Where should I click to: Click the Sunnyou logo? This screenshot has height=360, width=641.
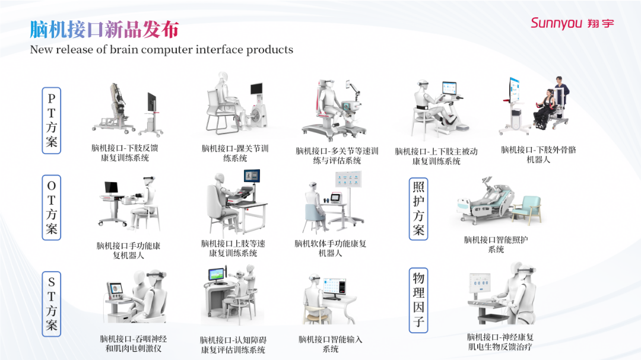coord(572,23)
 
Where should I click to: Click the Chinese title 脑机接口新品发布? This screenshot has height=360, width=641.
coord(104,30)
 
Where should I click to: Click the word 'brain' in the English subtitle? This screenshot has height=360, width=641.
coord(124,49)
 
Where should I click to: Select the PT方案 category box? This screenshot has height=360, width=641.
coord(52,120)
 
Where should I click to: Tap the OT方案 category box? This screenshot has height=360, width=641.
coord(52,208)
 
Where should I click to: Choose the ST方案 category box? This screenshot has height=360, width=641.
coord(52,304)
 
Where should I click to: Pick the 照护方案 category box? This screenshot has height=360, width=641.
coord(418,209)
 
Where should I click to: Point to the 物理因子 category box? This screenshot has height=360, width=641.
coord(418,300)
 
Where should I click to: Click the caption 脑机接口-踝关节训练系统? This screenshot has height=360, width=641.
coord(235,153)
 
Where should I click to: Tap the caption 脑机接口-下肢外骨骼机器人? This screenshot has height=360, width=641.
coord(538,154)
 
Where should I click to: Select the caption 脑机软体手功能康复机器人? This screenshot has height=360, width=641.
coord(331,249)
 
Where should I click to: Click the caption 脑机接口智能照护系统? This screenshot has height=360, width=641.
coord(496,244)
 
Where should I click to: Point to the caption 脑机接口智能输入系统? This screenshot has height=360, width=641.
coord(331,344)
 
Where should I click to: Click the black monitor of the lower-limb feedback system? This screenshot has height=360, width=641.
coord(152,102)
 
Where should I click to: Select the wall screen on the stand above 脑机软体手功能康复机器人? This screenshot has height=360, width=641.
coord(348,179)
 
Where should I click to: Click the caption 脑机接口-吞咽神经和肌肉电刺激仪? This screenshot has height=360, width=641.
coord(134,343)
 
